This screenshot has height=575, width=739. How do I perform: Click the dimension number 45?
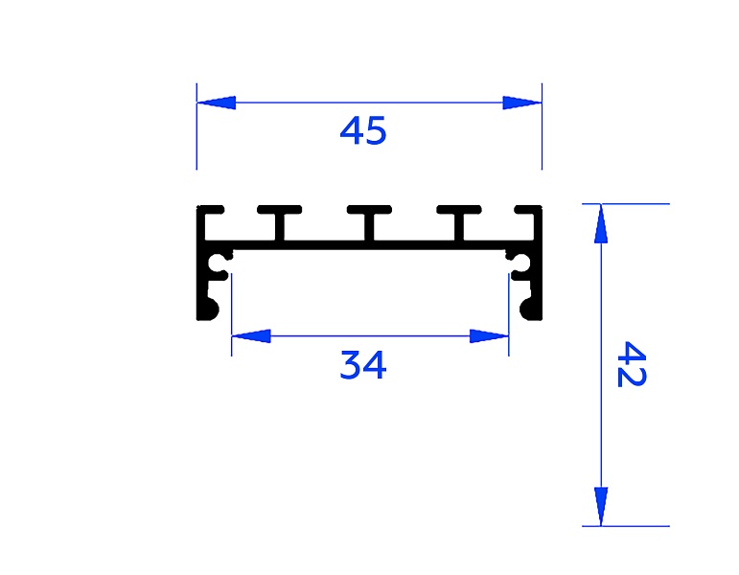[x=363, y=130]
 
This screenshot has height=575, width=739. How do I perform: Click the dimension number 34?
[x=363, y=365]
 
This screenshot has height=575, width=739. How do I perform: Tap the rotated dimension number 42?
[x=632, y=364]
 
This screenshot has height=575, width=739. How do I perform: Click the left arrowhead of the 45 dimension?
[x=216, y=103]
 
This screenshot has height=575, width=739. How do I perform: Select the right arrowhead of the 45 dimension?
[x=522, y=103]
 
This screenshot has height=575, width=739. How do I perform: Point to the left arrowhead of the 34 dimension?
[x=251, y=336]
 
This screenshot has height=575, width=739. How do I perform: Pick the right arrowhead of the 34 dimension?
[x=489, y=336]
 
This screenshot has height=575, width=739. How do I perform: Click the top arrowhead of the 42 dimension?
[x=601, y=223]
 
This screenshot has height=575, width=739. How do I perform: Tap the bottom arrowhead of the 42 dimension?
[x=601, y=507]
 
